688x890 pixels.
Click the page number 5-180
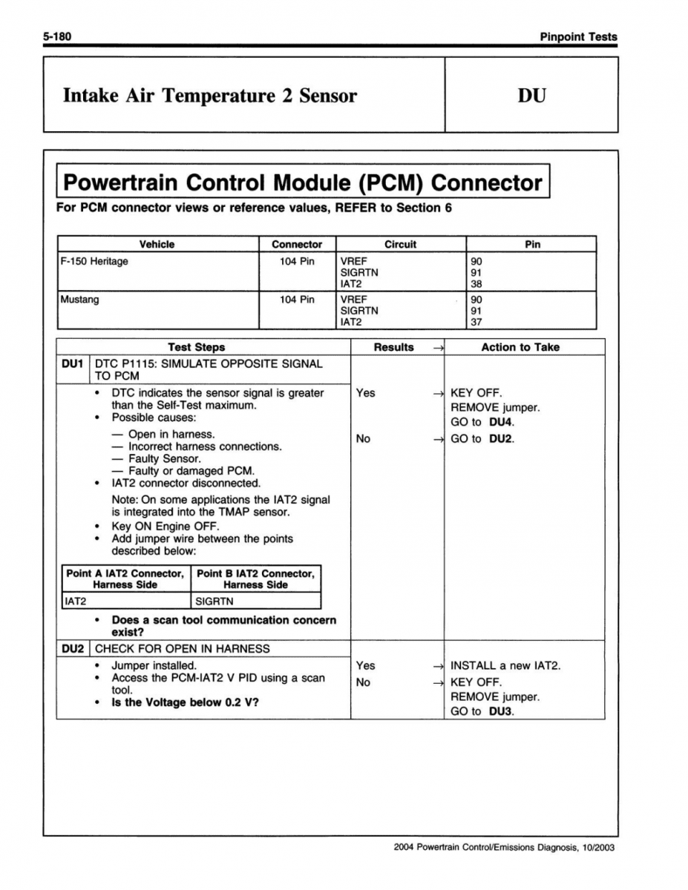56,36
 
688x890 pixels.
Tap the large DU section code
531,96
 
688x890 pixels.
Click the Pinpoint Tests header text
578,36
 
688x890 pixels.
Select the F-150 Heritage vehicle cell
94,261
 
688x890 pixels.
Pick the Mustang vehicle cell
79,300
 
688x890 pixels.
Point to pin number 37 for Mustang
476,322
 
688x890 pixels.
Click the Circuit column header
400,244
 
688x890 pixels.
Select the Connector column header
297,244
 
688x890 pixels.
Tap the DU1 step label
73,363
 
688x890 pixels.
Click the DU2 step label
73,648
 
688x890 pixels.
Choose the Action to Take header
520,346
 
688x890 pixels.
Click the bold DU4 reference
502,422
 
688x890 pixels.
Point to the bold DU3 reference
502,711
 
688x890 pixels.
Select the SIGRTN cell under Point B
214,601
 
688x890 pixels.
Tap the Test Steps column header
196,346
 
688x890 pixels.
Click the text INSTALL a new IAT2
505,665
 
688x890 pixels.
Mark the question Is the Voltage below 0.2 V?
185,702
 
